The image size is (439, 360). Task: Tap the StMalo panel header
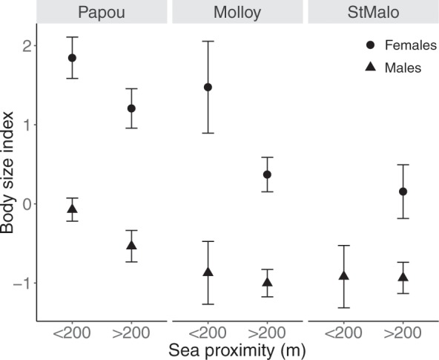coord(372,13)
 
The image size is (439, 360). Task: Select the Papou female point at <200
coord(72,58)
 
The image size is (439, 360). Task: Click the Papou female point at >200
coord(131,108)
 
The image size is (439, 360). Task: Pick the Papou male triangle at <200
coord(72,209)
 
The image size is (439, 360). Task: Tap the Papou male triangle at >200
coord(131,245)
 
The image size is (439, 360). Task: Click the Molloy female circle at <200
coord(208,87)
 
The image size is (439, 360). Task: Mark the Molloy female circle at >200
coord(267,174)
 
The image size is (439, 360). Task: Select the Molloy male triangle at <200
coord(208,272)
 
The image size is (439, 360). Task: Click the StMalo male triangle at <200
coord(343,275)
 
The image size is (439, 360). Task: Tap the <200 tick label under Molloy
coord(208,331)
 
